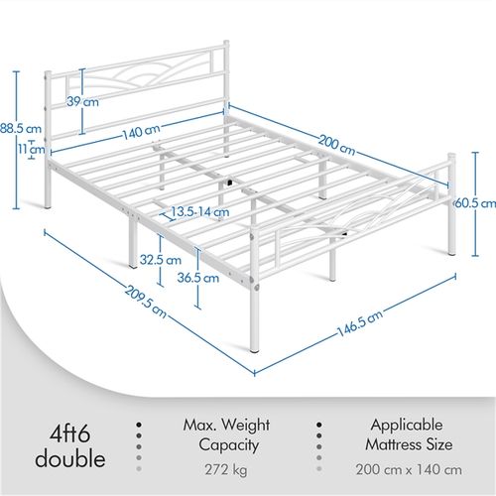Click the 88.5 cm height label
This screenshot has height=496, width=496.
click(21, 128)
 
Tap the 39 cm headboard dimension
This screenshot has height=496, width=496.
click(82, 101)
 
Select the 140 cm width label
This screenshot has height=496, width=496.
click(142, 131)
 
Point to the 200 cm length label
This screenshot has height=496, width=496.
click(336, 145)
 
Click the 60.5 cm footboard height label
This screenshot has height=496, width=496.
click(475, 203)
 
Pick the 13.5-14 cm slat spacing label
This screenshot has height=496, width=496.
click(199, 211)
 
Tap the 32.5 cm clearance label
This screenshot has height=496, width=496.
click(161, 260)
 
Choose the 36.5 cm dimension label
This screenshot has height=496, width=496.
click(198, 278)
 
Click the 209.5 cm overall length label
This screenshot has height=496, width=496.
click(146, 302)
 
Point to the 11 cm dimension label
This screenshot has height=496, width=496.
click(32, 149)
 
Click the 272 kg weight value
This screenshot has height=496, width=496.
click(226, 470)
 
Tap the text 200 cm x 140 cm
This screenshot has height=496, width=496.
click(409, 469)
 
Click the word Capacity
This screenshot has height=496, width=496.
click(228, 445)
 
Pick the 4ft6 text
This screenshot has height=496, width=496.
click(70, 434)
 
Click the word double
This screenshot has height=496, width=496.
click(70, 458)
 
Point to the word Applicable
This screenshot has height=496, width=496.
click(407, 425)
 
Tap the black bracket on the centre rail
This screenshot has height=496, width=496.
click(229, 182)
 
